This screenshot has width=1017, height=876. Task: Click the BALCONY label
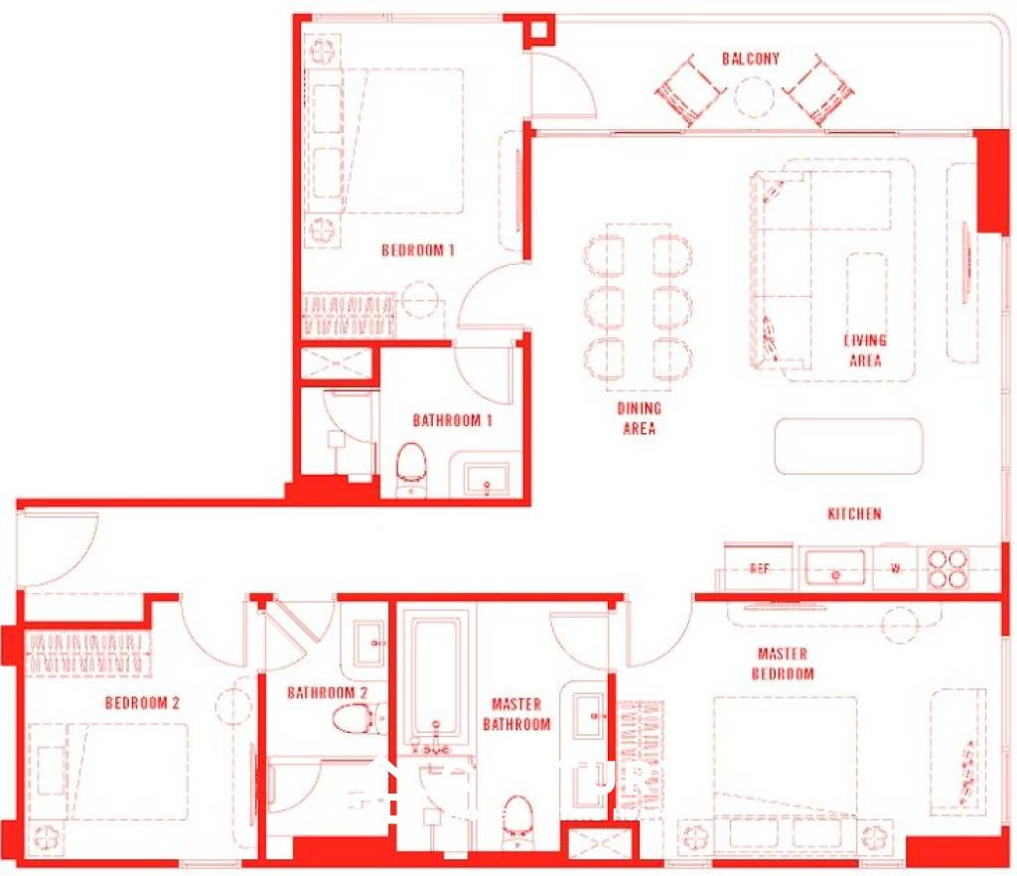pos(751,59)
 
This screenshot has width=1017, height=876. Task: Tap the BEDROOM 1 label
pos(418,250)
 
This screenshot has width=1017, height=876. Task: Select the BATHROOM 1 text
pos(453,421)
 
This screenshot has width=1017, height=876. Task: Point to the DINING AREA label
pos(640,418)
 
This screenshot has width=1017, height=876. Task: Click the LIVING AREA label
pos(865,351)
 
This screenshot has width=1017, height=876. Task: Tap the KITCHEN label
pos(854,514)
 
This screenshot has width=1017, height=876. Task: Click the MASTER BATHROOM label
pos(516,714)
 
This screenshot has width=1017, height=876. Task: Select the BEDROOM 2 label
pos(142,703)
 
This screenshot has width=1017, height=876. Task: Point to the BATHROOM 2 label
pos(328,692)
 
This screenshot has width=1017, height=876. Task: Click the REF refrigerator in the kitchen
pos(760,569)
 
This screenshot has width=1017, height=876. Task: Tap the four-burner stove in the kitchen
pos(946,569)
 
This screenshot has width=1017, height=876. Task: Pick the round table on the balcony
pos(754,96)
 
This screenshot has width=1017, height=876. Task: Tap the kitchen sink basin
pos(834,569)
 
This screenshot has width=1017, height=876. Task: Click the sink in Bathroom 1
pos(486,479)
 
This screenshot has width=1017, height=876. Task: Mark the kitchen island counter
pos(848,446)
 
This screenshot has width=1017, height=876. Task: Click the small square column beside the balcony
pos(540,30)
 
